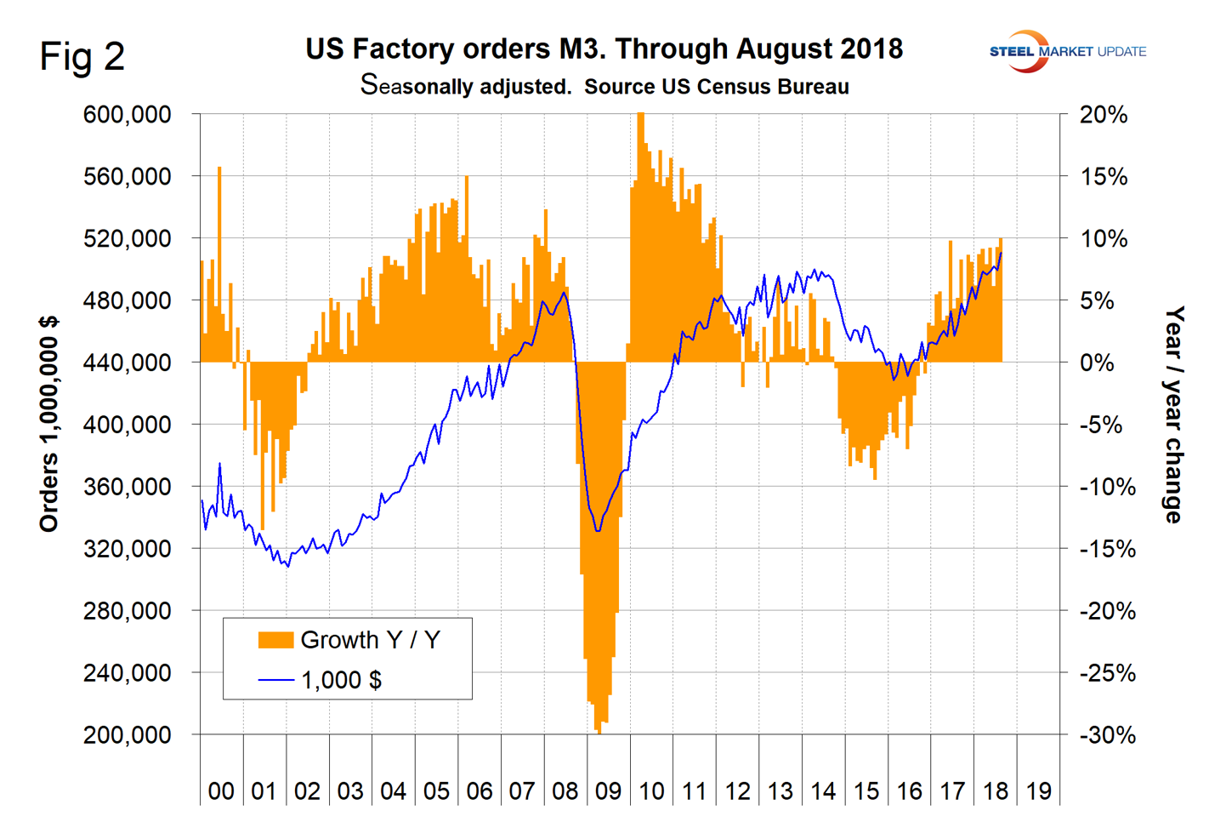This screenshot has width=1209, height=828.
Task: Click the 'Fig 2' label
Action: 82,56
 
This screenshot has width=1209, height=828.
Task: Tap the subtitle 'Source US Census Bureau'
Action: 717,87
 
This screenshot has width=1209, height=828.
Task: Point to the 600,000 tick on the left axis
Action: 127,115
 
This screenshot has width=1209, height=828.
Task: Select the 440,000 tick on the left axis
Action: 127,363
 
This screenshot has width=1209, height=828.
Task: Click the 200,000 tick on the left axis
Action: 127,735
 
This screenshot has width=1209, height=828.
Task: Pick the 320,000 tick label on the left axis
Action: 127,549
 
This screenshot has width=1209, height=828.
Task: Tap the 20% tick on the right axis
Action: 1103,115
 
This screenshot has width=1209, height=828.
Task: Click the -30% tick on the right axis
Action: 1106,735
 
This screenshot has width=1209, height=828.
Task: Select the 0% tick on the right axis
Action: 1103,363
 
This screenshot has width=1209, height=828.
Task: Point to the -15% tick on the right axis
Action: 1106,549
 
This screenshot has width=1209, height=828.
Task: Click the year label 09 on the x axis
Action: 608,791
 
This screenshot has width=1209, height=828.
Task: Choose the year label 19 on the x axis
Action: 1038,791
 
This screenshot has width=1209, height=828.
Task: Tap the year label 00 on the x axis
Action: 221,791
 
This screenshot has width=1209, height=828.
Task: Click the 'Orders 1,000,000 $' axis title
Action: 49,424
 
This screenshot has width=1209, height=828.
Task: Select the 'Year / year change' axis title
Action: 1174,415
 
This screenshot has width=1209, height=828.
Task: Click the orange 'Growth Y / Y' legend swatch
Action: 275,640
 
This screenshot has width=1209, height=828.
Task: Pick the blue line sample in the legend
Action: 275,680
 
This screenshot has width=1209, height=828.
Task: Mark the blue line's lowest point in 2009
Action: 598,531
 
